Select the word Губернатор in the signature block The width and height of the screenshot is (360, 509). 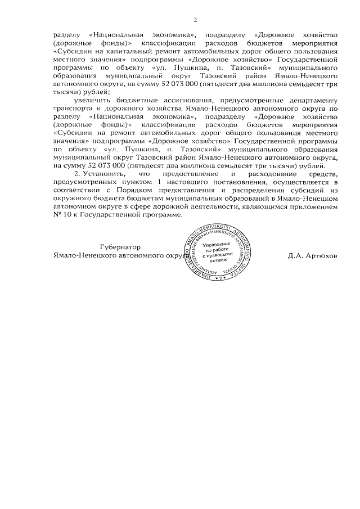tap(120, 247)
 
